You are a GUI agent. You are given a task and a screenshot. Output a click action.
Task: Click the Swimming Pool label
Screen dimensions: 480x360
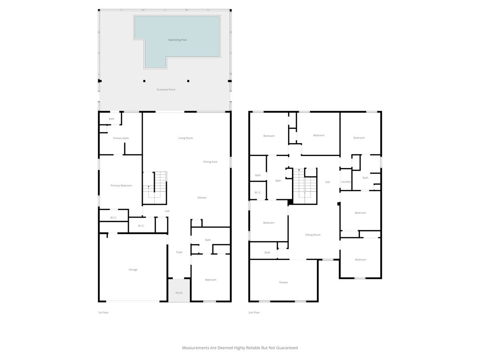[177, 40]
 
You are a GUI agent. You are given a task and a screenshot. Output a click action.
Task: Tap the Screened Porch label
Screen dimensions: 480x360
[166, 89]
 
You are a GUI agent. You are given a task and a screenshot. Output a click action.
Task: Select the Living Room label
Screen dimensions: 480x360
[186, 138]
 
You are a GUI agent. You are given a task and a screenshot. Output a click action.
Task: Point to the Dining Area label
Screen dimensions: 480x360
[210, 162]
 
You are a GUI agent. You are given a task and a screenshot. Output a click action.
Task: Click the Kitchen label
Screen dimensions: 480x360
[202, 198]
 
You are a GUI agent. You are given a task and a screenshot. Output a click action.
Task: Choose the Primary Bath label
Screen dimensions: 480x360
[121, 138]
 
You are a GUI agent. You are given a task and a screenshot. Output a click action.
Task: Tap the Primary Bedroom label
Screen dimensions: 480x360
[121, 186]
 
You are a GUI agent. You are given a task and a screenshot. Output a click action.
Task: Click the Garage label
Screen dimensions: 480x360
[133, 270]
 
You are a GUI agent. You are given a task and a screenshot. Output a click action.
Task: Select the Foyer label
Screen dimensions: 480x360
[179, 252]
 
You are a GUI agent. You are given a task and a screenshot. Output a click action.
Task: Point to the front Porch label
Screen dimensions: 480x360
[179, 293]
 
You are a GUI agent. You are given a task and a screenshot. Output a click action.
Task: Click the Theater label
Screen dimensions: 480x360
[284, 282]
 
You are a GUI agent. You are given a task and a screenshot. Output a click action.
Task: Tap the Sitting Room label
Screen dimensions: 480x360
[313, 235]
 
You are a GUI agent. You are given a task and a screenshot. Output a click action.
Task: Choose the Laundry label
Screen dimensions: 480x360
[346, 182]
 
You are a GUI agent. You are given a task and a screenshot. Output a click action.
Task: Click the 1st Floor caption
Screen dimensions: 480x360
[103, 312]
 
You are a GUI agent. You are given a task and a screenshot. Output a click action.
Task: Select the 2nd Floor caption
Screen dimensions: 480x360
[254, 312]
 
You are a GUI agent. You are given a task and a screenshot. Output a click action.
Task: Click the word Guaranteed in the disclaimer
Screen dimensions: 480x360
[287, 348]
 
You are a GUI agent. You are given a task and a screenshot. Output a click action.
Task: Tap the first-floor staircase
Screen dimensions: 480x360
[155, 188]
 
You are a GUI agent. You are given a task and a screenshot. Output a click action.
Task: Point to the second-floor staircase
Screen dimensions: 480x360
[305, 186]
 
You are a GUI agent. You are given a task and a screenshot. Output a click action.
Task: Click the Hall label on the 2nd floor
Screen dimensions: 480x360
[327, 182]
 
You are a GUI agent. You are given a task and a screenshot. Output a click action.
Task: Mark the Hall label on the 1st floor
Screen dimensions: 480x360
[167, 211]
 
